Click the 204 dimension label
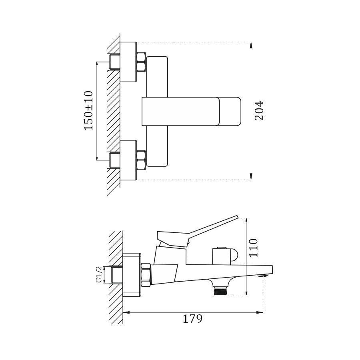pyautogui.click(x=259, y=110)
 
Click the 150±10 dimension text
pyautogui.click(x=88, y=110)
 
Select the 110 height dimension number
pyautogui.click(x=254, y=248)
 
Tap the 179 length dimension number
pyautogui.click(x=192, y=319)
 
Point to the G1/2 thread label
pyautogui.click(x=99, y=275)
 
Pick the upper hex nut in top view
pyautogui.click(x=141, y=62)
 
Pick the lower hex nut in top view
pyautogui.click(x=141, y=160)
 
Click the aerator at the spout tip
pyautogui.click(x=262, y=275)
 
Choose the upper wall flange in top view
pyautogui.click(x=128, y=62)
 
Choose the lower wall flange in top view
pyautogui.click(x=128, y=160)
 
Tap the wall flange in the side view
pyautogui.click(x=132, y=275)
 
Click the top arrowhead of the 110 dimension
pyautogui.click(x=246, y=220)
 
